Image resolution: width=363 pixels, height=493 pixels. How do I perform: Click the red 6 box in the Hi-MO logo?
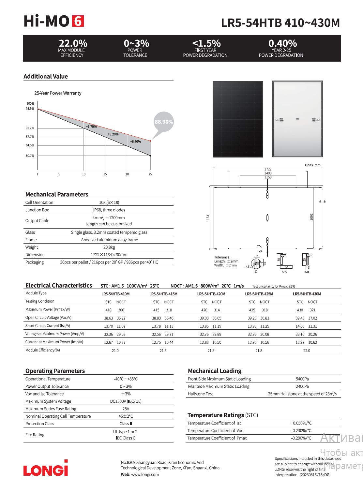(x=78, y=21)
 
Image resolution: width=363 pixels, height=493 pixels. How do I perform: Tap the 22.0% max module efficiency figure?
(x=73, y=43)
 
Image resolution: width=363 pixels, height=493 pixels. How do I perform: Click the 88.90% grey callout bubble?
(x=164, y=122)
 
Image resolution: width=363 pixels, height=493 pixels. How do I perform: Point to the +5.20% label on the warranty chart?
(x=113, y=134)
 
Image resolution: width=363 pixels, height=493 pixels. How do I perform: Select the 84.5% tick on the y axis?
(x=30, y=145)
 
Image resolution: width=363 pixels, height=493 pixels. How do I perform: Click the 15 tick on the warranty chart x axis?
(x=105, y=174)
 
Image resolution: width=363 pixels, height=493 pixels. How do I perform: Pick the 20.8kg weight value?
(x=109, y=247)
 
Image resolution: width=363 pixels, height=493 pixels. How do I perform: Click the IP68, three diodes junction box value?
(x=109, y=210)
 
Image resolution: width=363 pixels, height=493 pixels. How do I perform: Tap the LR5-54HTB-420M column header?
(x=211, y=294)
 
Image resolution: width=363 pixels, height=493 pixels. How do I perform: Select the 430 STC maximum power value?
(x=300, y=310)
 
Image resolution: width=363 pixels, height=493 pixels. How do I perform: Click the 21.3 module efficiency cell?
(x=163, y=351)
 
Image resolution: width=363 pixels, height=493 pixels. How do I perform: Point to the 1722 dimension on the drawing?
(x=268, y=169)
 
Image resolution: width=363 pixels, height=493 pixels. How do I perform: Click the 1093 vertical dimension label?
(x=311, y=217)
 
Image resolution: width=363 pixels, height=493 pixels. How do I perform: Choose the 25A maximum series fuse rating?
(x=126, y=409)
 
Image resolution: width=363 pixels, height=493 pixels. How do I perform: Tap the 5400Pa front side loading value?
(x=302, y=379)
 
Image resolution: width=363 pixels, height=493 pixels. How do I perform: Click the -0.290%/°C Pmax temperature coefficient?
(x=301, y=438)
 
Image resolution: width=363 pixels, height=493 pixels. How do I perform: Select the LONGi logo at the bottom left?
(x=46, y=469)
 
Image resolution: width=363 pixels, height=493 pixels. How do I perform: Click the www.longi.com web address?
(x=145, y=475)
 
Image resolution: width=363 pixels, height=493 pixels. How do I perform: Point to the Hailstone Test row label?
(x=200, y=394)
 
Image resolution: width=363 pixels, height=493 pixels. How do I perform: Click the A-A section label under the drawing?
(x=284, y=272)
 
